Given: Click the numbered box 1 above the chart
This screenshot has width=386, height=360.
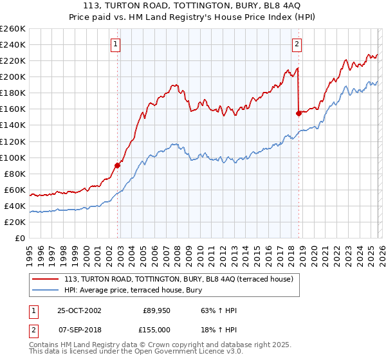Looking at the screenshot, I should tap(115, 44).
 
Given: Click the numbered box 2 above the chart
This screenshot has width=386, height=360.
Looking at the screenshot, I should tap(297, 44).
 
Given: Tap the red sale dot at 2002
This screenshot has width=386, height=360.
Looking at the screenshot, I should tap(118, 165).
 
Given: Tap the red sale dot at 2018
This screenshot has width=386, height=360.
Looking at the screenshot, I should tap(299, 113).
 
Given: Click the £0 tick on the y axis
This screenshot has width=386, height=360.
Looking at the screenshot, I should tap(19, 238).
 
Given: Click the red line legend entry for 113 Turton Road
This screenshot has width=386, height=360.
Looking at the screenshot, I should tap(179, 279).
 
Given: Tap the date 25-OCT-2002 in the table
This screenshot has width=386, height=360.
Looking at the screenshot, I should tap(79, 310).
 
